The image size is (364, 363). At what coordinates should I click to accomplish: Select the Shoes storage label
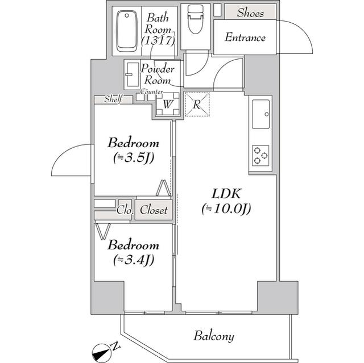[x=250, y=12]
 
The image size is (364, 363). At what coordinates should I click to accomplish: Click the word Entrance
[x=245, y=38]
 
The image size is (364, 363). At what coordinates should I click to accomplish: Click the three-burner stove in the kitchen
[x=260, y=155]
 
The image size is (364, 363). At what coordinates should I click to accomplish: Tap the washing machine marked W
[x=168, y=105]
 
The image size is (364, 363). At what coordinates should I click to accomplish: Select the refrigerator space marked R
[x=197, y=105]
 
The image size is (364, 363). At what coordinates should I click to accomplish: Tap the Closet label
[x=154, y=210]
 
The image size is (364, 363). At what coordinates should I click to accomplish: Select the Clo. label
[x=125, y=210]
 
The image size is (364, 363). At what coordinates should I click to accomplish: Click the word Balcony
[x=213, y=336]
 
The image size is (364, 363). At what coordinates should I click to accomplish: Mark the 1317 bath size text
[x=159, y=40]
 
